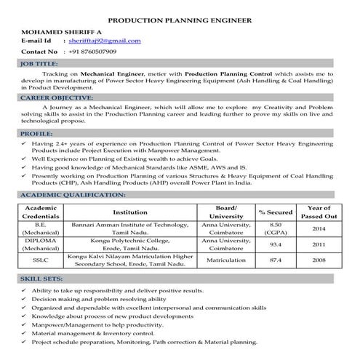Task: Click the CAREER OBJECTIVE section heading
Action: [57, 97]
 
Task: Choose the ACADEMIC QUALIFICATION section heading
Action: [69, 196]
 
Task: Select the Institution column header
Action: [131, 212]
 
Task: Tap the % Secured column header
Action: [275, 212]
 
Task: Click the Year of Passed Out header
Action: [319, 212]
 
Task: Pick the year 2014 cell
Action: [319, 229]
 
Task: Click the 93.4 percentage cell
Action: [275, 244]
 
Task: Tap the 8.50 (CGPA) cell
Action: [275, 229]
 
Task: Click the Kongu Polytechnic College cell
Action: [131, 240]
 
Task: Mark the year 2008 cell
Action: [319, 260]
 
